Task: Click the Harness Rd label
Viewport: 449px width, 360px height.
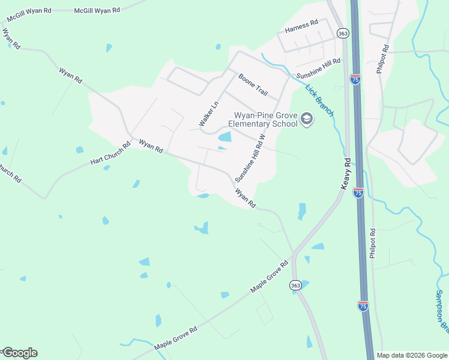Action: (x=301, y=25)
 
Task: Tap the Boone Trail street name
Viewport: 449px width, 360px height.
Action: (x=253, y=84)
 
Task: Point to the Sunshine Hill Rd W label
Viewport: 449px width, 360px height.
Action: (x=249, y=158)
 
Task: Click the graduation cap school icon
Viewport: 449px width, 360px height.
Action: (x=307, y=119)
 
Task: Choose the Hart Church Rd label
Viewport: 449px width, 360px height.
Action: (x=110, y=154)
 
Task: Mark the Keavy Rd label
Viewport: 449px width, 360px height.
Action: (x=345, y=174)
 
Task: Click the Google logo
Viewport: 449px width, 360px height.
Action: (x=20, y=353)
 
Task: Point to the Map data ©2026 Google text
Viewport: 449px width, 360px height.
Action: (x=412, y=355)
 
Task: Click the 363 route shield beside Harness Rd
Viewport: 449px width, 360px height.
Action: (x=342, y=34)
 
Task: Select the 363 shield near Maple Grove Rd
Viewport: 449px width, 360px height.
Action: (x=295, y=286)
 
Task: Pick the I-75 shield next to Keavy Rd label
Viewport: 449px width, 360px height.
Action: (x=358, y=193)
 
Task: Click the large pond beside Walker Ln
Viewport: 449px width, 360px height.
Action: (x=224, y=137)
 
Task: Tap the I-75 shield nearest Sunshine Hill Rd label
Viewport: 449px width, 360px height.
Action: (x=355, y=79)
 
